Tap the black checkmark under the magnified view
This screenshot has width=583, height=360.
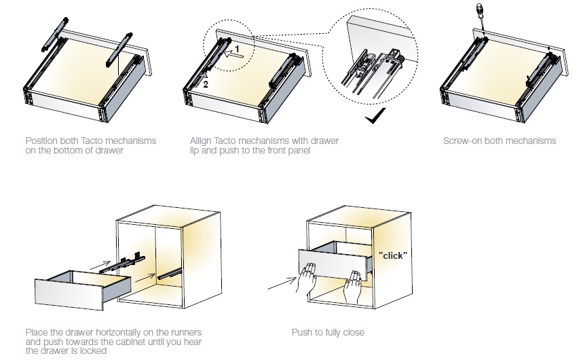373,118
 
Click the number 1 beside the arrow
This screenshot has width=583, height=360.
238,50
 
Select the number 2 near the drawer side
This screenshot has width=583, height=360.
206,84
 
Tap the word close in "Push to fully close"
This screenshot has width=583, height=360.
353,333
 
